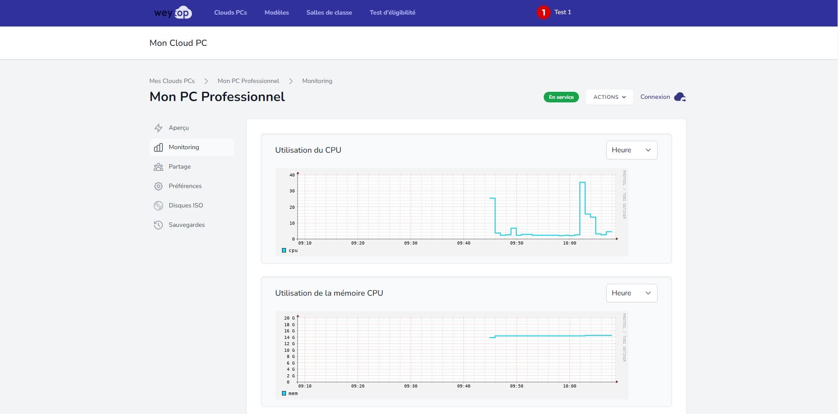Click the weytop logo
tap(173, 13)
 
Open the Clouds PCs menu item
tap(230, 12)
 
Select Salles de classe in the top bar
tap(329, 12)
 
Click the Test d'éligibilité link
tap(392, 12)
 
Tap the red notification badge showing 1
tap(543, 12)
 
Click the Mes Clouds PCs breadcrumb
tap(172, 81)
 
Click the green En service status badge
tap(561, 97)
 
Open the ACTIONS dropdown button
tap(609, 97)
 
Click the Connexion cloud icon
tap(680, 97)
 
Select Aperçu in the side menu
tap(179, 128)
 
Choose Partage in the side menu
tap(180, 166)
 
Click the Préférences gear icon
tap(158, 186)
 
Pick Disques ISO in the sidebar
tap(185, 205)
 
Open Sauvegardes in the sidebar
tap(186, 225)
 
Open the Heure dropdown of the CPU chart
tap(631, 150)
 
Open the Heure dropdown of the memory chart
tap(631, 293)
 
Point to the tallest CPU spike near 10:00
tap(582, 183)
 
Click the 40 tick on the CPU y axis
tap(292, 175)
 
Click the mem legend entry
tap(290, 393)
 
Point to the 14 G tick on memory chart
tap(289, 337)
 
